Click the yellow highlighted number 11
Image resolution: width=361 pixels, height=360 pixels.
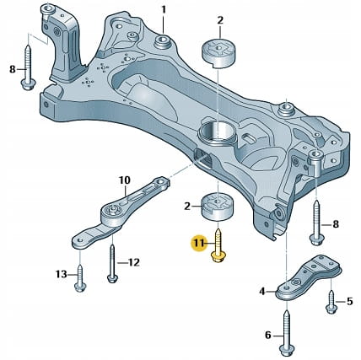(199, 244)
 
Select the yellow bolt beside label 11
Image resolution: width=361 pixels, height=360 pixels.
(218, 246)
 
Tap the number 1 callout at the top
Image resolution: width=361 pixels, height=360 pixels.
(164, 10)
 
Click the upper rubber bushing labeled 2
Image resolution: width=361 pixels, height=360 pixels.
(219, 54)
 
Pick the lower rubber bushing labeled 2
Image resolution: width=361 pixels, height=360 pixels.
(218, 207)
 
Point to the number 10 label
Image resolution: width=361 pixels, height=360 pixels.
(125, 180)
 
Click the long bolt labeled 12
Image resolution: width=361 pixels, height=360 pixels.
(112, 264)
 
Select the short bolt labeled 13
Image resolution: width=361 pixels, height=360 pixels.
(80, 278)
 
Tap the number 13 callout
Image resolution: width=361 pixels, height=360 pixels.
(62, 274)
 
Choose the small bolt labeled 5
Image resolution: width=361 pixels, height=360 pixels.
(331, 302)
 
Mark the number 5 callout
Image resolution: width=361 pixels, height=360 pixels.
(349, 302)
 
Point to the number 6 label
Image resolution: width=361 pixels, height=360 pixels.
(268, 335)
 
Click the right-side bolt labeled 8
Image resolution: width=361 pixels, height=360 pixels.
(316, 223)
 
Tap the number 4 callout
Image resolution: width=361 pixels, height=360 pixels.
(262, 292)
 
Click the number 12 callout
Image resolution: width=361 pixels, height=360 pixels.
(133, 263)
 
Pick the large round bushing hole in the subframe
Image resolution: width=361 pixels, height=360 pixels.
(216, 132)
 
